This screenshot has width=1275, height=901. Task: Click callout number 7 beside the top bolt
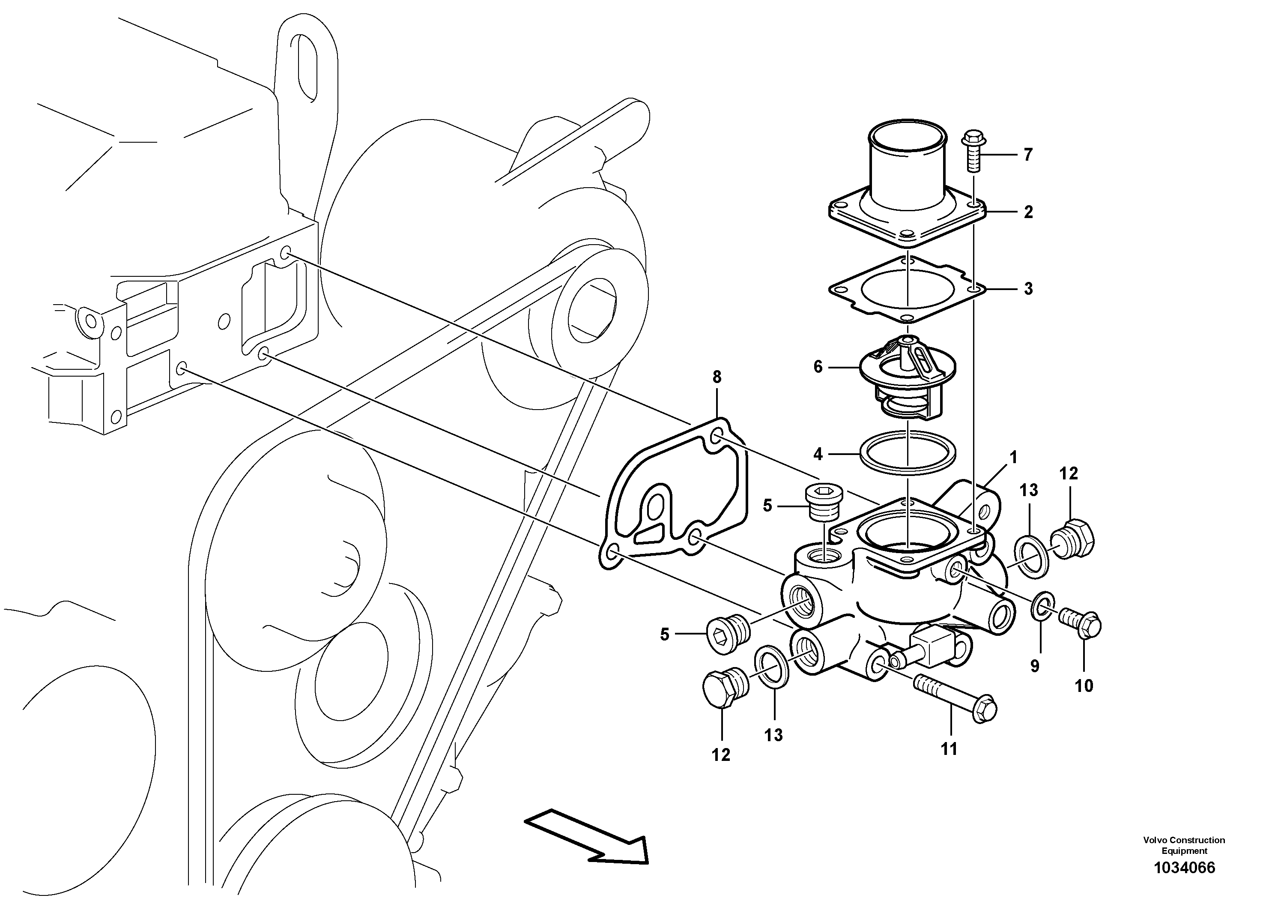pyautogui.click(x=1028, y=155)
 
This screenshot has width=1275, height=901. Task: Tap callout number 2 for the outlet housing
pyautogui.click(x=1028, y=212)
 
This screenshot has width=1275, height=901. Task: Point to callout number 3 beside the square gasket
pyautogui.click(x=1028, y=289)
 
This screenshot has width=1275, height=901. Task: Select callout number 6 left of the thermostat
pyautogui.click(x=818, y=367)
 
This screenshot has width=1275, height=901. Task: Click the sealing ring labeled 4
pyautogui.click(x=907, y=453)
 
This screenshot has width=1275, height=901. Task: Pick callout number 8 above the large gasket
pyautogui.click(x=717, y=377)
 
